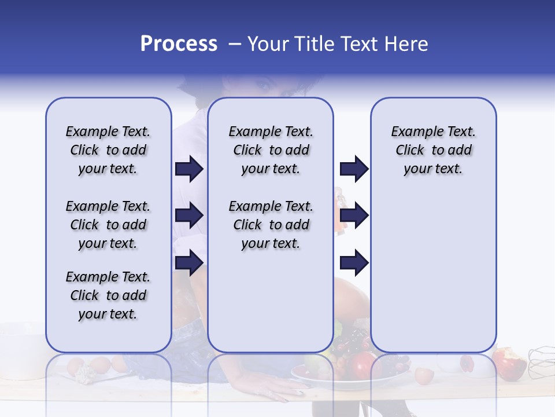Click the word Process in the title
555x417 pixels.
tap(179, 44)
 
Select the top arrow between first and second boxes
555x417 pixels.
tap(189, 169)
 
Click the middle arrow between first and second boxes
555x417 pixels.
tap(189, 215)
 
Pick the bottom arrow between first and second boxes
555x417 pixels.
tap(189, 262)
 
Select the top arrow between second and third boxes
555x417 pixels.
tap(354, 169)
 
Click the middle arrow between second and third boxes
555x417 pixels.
tap(354, 215)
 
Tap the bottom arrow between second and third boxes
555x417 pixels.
tap(354, 262)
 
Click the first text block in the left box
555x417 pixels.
tap(108, 150)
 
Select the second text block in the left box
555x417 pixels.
tap(108, 225)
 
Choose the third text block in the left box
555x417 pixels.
tap(108, 295)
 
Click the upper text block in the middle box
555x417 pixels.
tap(271, 150)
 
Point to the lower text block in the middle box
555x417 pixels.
tap(271, 225)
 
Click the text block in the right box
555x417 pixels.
tap(433, 150)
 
